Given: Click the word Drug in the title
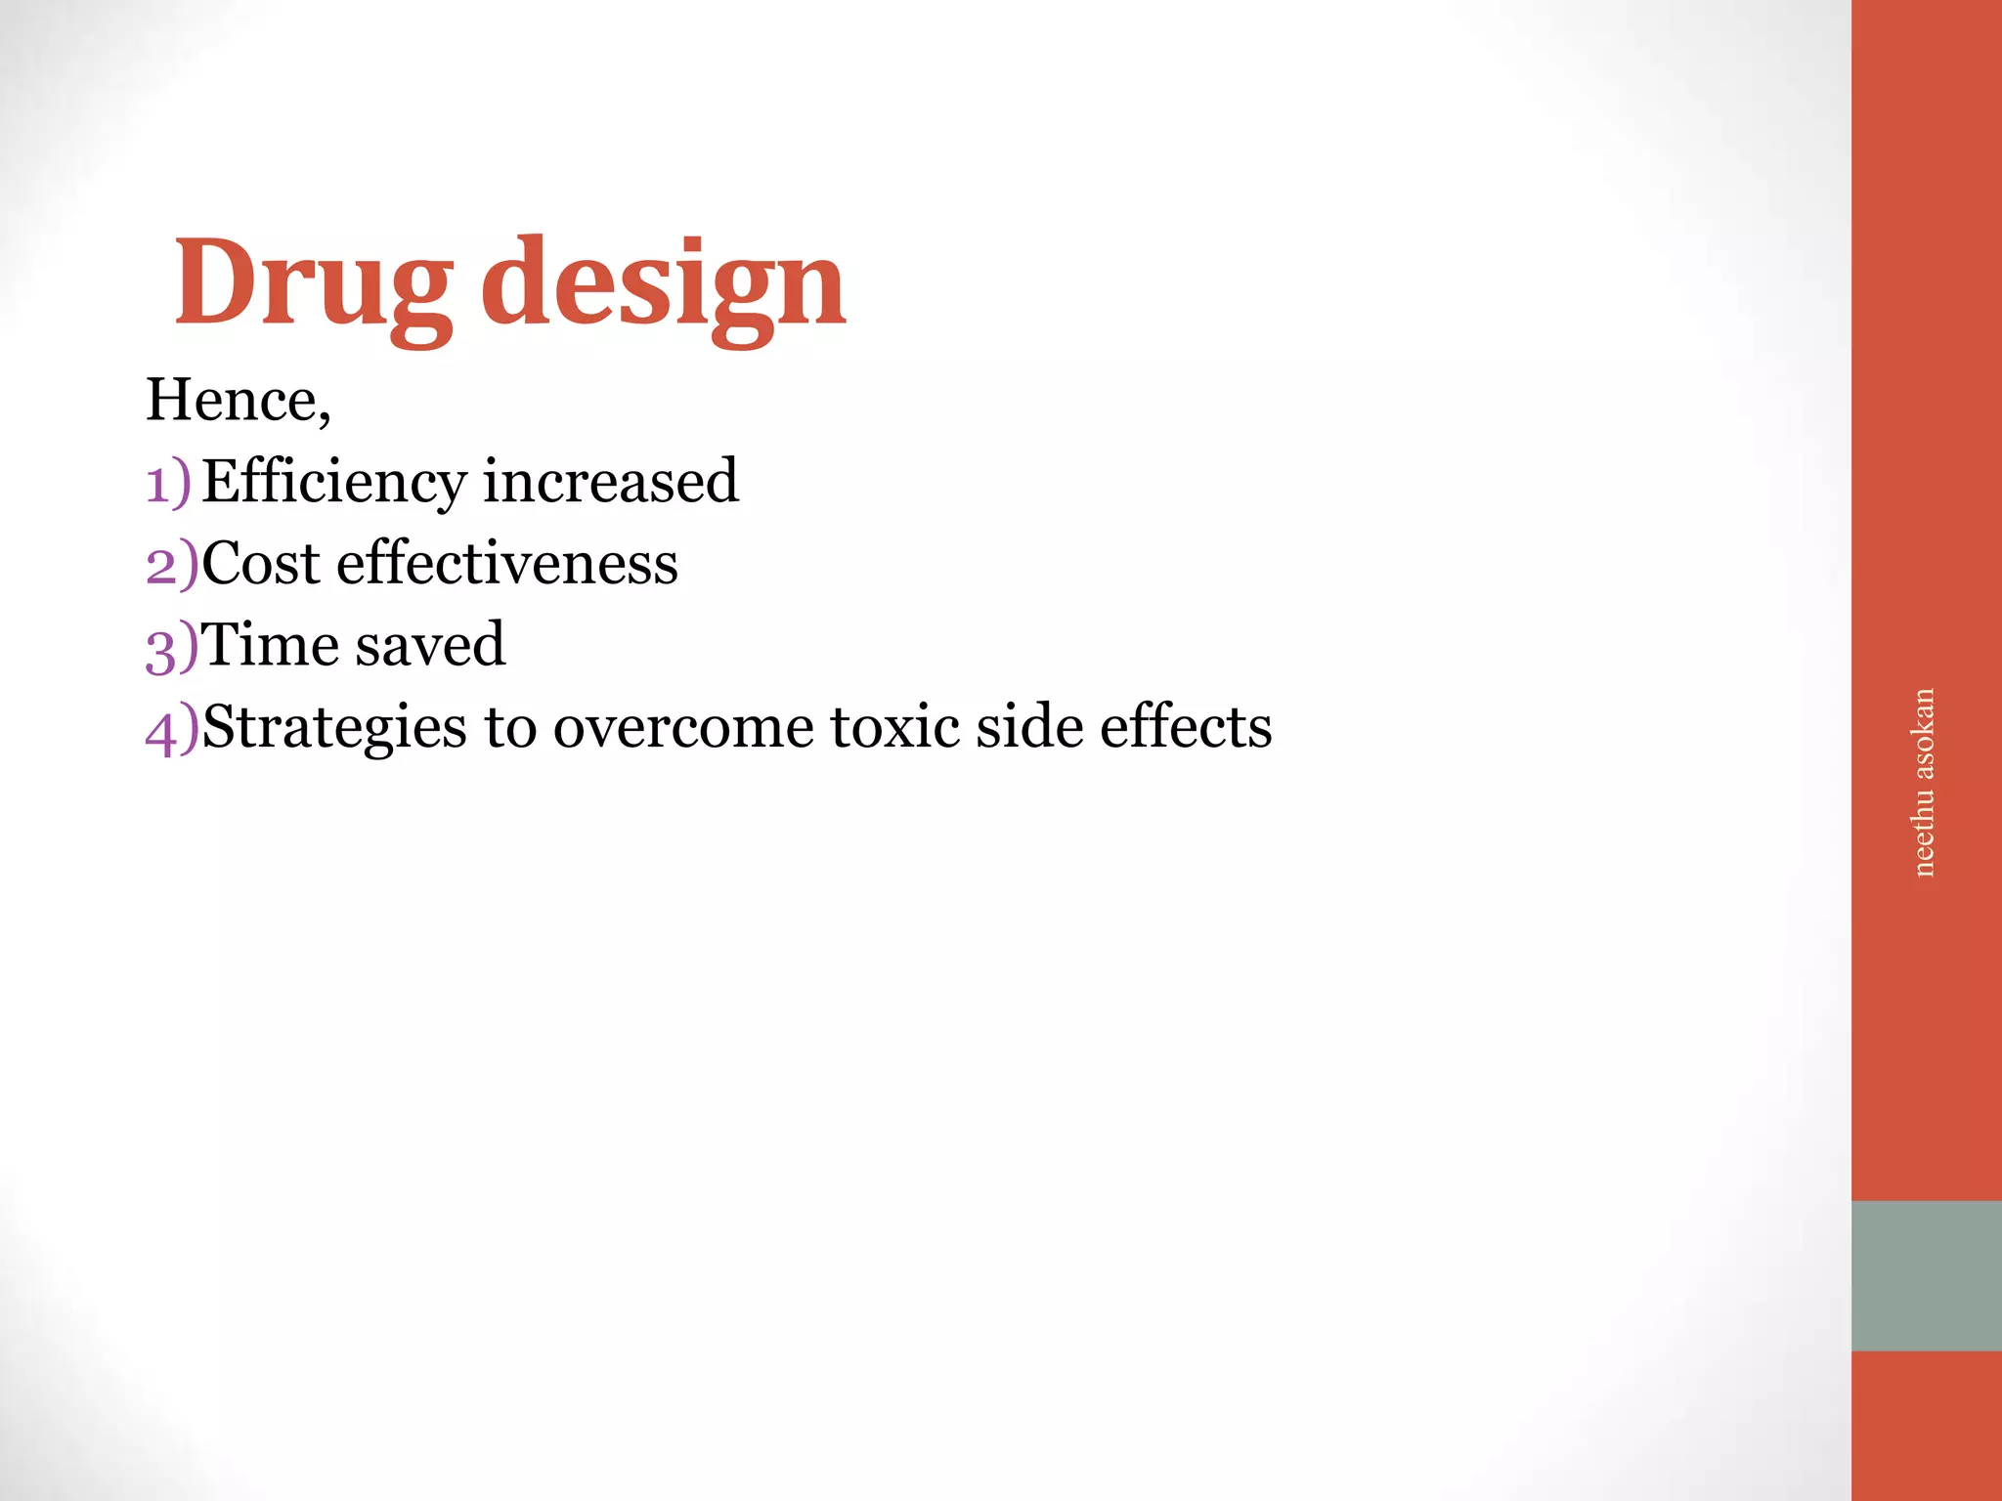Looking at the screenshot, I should point(313,285).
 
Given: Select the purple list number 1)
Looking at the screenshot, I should point(169,483).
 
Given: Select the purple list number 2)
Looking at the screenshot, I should point(172,565).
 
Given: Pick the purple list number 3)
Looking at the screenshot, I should point(172,647).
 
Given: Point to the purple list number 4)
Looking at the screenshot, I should point(172,729).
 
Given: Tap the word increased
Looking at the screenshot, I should point(611,481).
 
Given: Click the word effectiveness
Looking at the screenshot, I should point(506,564).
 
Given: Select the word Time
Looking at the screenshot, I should point(268,645).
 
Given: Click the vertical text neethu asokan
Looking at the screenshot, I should point(1923,782).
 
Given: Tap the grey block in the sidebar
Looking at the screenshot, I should point(1926,1275).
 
